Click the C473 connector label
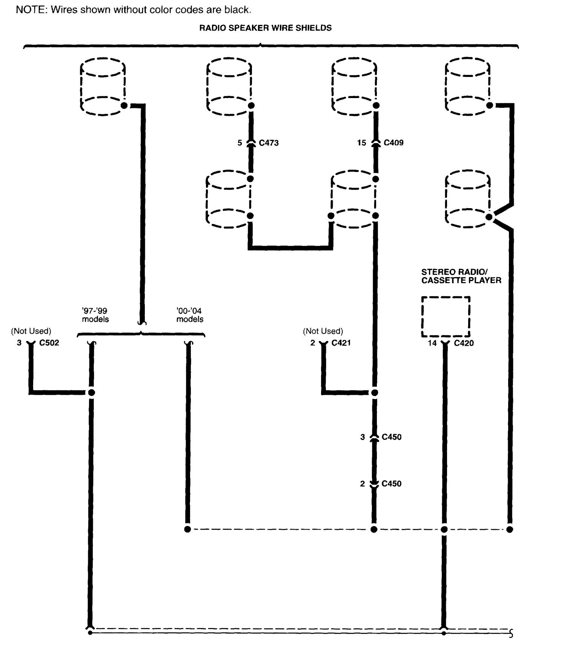coord(269,143)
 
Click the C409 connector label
coord(393,143)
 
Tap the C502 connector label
coord(49,342)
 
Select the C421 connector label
coord(341,342)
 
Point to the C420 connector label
coord(464,343)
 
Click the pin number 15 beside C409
coord(361,143)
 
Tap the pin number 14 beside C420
coord(432,343)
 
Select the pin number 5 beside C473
coord(240,143)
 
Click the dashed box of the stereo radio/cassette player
coord(446,316)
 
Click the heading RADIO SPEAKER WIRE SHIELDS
coord(266,28)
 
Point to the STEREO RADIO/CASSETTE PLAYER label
coord(461,276)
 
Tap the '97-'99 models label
coord(95,315)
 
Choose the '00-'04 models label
coord(190,315)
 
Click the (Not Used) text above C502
coord(31,331)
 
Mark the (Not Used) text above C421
coord(323,331)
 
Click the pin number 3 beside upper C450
coord(363,437)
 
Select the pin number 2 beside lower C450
coord(363,483)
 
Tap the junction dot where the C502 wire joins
coord(91,393)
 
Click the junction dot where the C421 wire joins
coord(374,393)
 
